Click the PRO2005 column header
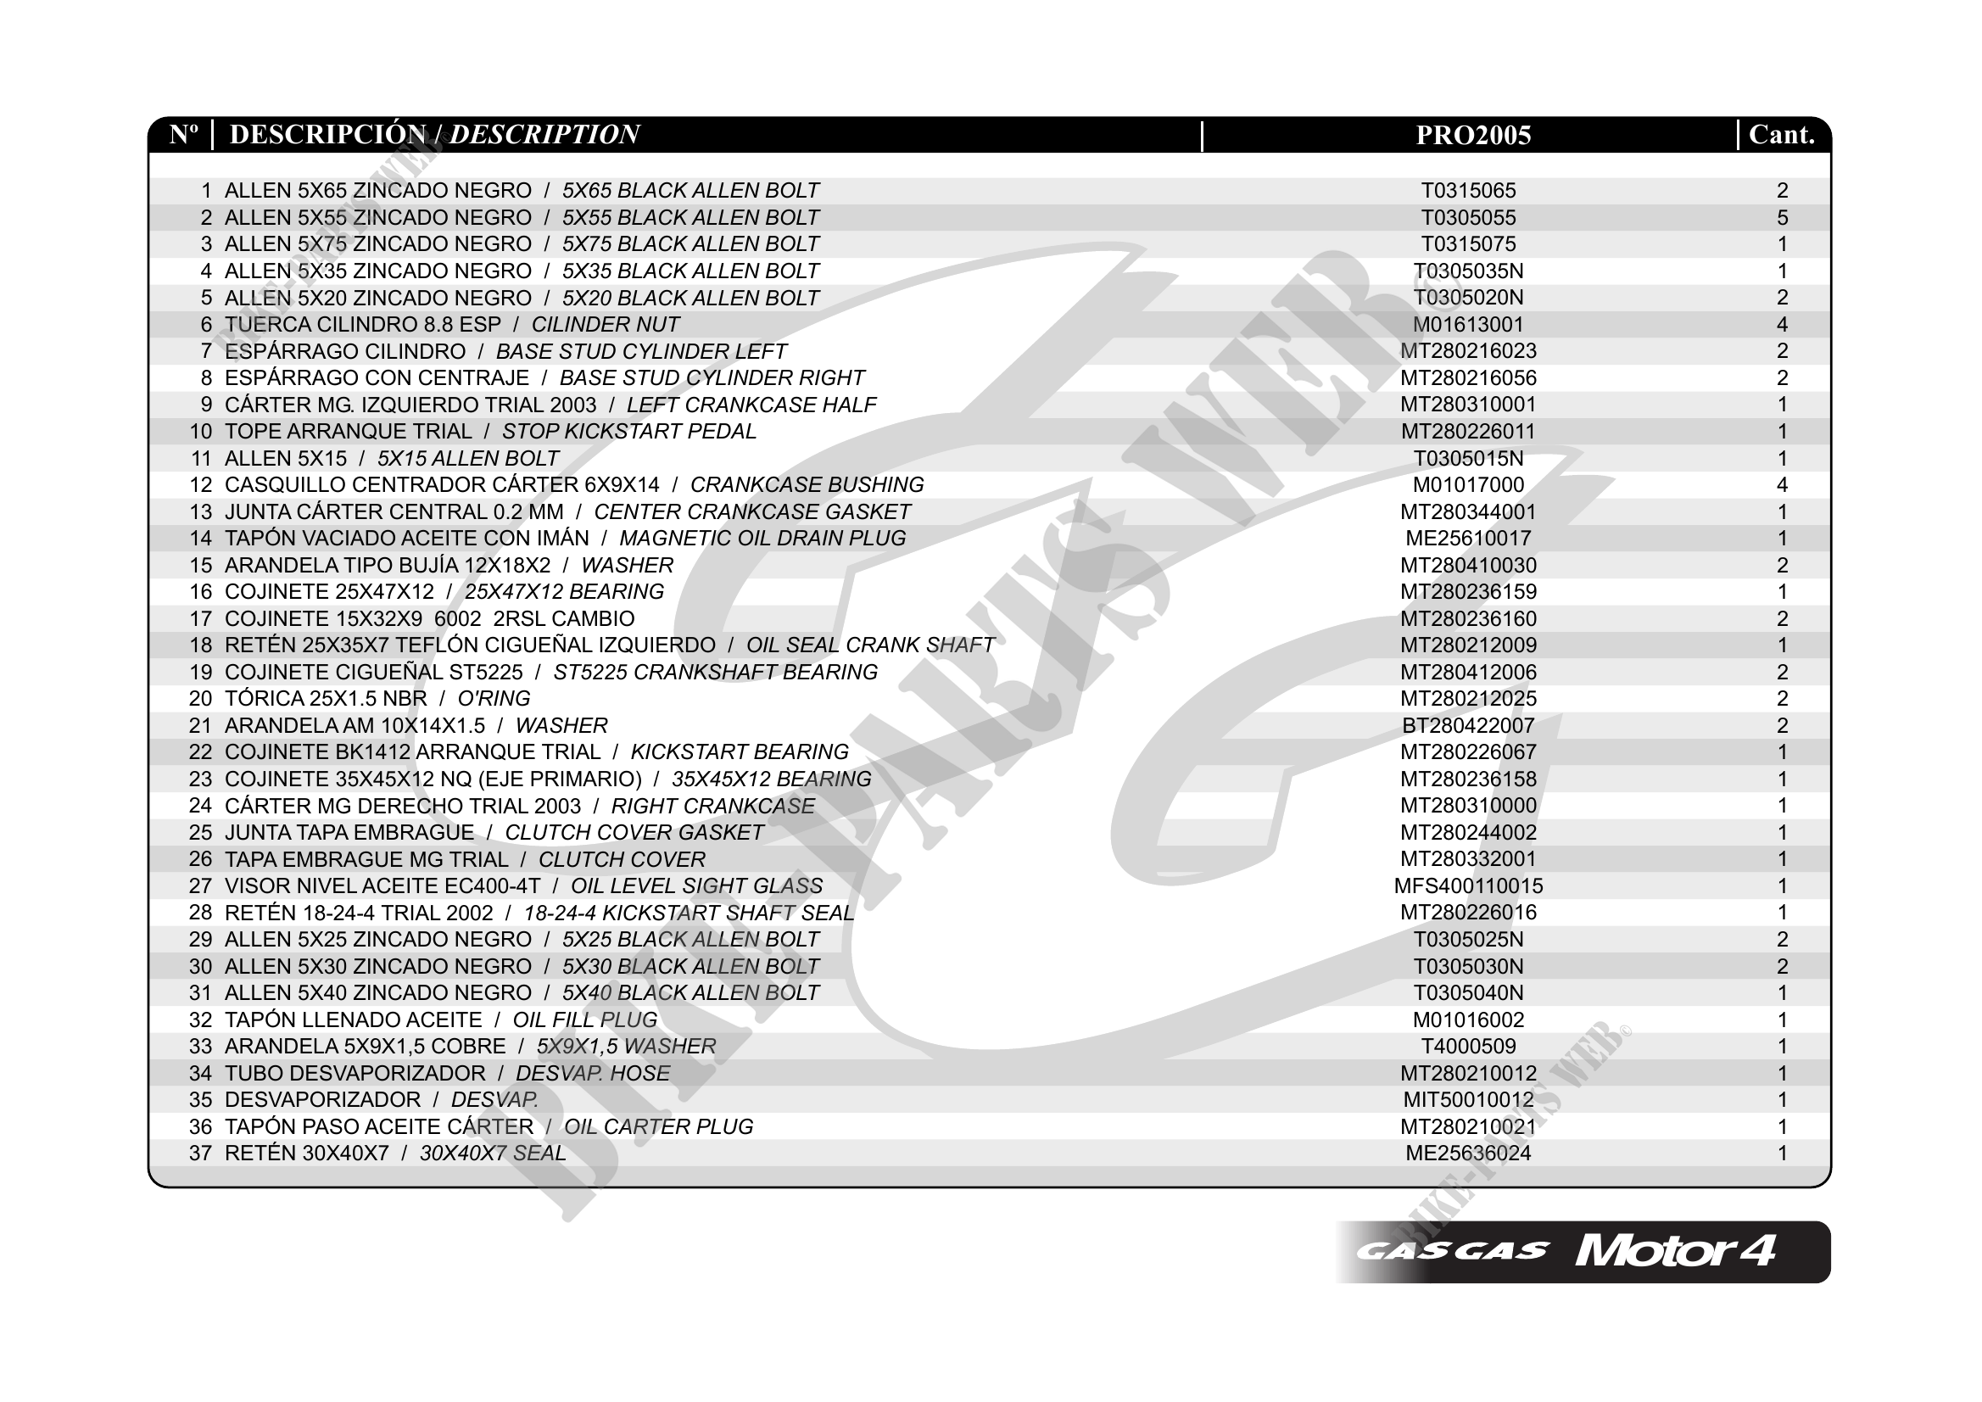pyautogui.click(x=1472, y=136)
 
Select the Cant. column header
pyautogui.click(x=1781, y=136)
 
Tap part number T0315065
pyautogui.click(x=1468, y=191)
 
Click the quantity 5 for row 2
pyautogui.click(x=1783, y=217)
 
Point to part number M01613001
pyautogui.click(x=1468, y=325)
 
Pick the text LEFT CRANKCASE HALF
pyautogui.click(x=751, y=405)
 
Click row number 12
pyautogui.click(x=200, y=485)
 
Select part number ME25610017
pyautogui.click(x=1468, y=539)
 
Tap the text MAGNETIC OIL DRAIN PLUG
pyautogui.click(x=762, y=539)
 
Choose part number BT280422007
pyautogui.click(x=1468, y=726)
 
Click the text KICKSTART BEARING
pyautogui.click(x=740, y=752)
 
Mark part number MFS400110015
pyautogui.click(x=1468, y=886)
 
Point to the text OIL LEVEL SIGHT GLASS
pyautogui.click(x=696, y=886)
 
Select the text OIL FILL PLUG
pyautogui.click(x=585, y=1020)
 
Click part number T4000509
pyautogui.click(x=1468, y=1047)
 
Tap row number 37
pyautogui.click(x=200, y=1153)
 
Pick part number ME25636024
pyautogui.click(x=1468, y=1153)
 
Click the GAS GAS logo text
pyautogui.click(x=1452, y=1252)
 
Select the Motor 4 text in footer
pyautogui.click(x=1675, y=1252)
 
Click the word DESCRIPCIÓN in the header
pyautogui.click(x=328, y=136)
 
